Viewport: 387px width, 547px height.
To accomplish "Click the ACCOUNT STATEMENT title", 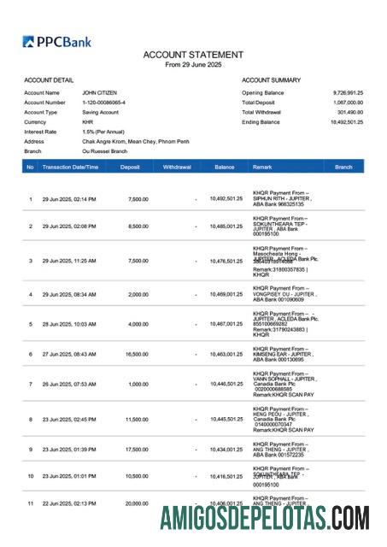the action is [193, 55].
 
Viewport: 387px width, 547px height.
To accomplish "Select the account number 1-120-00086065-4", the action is [105, 103].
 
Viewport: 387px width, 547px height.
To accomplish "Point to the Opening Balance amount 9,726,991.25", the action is [348, 92].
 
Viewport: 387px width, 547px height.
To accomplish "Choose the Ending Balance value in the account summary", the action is [347, 122].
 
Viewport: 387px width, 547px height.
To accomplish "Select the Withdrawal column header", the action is [177, 168].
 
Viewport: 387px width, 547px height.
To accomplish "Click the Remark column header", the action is [262, 168].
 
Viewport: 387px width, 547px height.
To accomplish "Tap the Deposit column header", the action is [130, 168].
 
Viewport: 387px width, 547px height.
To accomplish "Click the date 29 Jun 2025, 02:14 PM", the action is [69, 199].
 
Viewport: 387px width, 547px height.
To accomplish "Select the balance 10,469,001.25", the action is [226, 294].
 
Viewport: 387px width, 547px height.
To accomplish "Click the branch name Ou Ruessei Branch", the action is [104, 150].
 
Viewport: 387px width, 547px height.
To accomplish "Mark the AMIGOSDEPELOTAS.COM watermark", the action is [265, 519].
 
